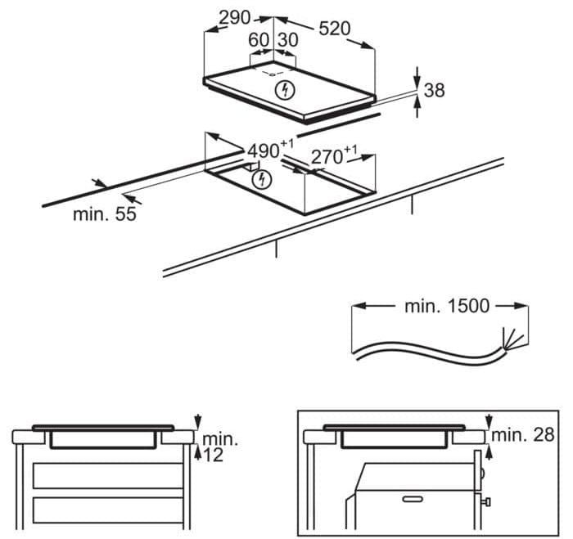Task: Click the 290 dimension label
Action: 235,17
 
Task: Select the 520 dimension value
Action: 334,29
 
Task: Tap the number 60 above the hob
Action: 259,40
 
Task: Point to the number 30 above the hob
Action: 287,40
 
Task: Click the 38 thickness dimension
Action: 434,90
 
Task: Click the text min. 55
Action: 105,214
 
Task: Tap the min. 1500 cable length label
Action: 447,306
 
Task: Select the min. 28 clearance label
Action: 523,435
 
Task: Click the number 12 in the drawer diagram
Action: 213,455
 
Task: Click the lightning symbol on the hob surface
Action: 285,90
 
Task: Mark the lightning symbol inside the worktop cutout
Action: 262,179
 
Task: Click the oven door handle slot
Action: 413,499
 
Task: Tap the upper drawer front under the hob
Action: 108,475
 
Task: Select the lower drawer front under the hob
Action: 108,510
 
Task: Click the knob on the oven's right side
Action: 487,501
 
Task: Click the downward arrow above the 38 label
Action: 417,78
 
